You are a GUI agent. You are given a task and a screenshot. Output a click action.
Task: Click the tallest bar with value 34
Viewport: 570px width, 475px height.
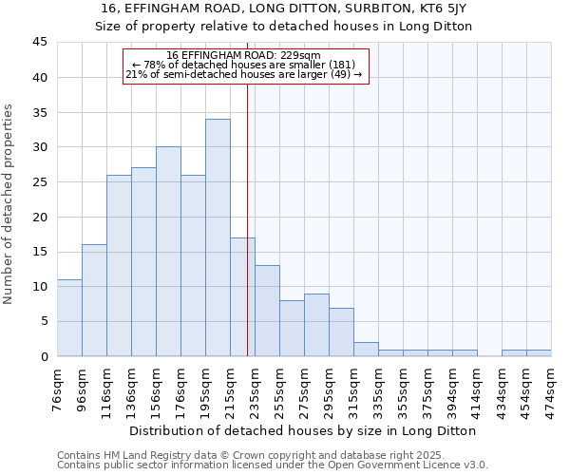(218, 237)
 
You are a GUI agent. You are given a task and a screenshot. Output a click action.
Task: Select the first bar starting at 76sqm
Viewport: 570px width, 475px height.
(69, 317)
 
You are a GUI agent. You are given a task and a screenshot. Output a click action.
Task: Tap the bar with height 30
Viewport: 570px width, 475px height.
(168, 252)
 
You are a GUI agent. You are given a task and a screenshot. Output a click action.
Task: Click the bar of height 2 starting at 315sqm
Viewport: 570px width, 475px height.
(366, 350)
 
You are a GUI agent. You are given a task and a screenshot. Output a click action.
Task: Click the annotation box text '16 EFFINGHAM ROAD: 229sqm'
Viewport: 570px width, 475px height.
(244, 55)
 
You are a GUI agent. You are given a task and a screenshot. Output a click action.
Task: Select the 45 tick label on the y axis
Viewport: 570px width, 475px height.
(39, 43)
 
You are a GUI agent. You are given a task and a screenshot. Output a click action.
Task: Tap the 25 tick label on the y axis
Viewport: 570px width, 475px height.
(39, 182)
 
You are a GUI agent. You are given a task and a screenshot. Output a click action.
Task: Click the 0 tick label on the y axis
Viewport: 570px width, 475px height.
(43, 356)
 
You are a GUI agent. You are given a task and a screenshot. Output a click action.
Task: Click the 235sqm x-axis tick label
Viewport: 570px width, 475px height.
(255, 389)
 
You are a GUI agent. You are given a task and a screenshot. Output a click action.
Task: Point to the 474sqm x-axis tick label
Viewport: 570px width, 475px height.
(551, 389)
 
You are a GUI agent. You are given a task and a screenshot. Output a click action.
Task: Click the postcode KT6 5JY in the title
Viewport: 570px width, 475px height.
(442, 8)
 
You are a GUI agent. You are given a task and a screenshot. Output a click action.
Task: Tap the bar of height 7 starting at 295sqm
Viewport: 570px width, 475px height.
(341, 332)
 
